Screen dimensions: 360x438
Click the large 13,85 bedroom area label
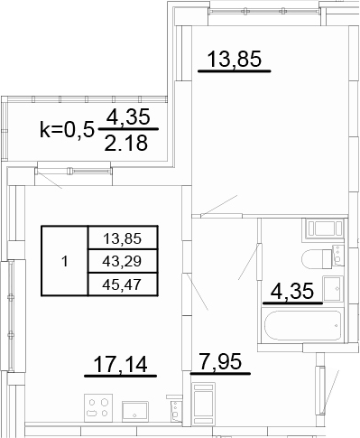pyautogui.click(x=235, y=60)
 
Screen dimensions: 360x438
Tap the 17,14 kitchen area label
pyautogui.click(x=120, y=364)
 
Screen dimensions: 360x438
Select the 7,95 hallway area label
pyautogui.click(x=220, y=361)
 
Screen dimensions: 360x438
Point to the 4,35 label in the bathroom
pyautogui.click(x=292, y=291)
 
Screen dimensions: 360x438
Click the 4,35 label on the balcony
pyautogui.click(x=128, y=116)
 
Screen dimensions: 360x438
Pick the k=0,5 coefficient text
pyautogui.click(x=66, y=130)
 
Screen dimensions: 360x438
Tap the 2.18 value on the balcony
pyautogui.click(x=126, y=143)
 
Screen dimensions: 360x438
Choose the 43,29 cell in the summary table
pyautogui.click(x=122, y=261)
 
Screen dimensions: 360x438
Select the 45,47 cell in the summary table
pyautogui.click(x=122, y=284)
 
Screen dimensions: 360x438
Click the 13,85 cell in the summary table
pyautogui.click(x=122, y=238)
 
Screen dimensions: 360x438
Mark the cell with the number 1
pyautogui.click(x=65, y=261)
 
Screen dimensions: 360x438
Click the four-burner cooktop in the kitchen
pyautogui.click(x=98, y=407)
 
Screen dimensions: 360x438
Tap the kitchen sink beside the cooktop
pyautogui.click(x=135, y=411)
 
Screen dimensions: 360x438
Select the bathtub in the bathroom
pyautogui.click(x=302, y=325)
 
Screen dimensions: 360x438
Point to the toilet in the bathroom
pyautogui.click(x=322, y=258)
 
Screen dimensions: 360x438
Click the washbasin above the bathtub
pyautogui.click(x=333, y=288)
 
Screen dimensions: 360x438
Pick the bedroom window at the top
pyautogui.click(x=263, y=11)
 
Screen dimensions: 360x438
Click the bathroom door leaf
pyautogui.click(x=248, y=261)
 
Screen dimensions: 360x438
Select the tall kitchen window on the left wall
pyautogui.click(x=11, y=315)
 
